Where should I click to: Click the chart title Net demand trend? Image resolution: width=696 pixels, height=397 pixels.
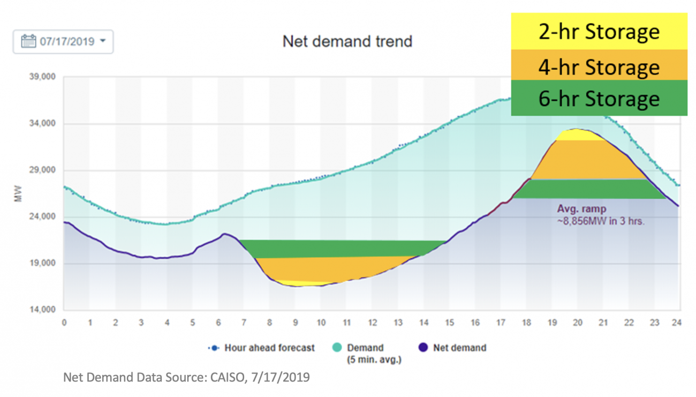(347, 41)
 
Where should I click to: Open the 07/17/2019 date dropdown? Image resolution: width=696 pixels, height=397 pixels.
(63, 42)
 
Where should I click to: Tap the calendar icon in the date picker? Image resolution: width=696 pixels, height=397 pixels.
(28, 42)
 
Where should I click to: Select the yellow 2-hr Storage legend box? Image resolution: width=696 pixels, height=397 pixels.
(599, 32)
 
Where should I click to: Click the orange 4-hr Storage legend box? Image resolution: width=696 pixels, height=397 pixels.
(599, 66)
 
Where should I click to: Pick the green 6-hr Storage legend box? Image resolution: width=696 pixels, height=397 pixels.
(599, 99)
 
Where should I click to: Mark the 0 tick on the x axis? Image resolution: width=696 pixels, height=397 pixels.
(64, 323)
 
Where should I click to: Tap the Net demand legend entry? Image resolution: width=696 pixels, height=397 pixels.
(459, 348)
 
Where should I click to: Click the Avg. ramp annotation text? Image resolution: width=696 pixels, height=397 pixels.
(582, 209)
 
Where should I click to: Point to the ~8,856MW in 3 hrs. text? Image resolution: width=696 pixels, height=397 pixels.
(601, 220)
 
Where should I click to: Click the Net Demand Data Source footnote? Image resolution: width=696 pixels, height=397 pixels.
(186, 378)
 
